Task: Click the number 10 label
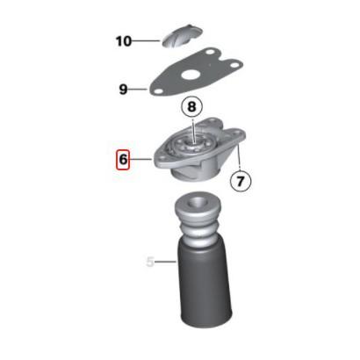pyautogui.click(x=124, y=41)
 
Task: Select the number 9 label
pyautogui.click(x=123, y=90)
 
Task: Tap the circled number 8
pyautogui.click(x=191, y=106)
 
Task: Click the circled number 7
pyautogui.click(x=241, y=181)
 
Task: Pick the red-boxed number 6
pyautogui.click(x=123, y=160)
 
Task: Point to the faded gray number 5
pyautogui.click(x=150, y=262)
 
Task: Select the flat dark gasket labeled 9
pyautogui.click(x=196, y=73)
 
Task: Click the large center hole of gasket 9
pyautogui.click(x=191, y=75)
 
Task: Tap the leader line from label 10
pyautogui.click(x=146, y=41)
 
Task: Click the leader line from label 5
pyautogui.click(x=165, y=262)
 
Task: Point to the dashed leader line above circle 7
pyautogui.click(x=239, y=157)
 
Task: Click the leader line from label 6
pyautogui.click(x=140, y=160)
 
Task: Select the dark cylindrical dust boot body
pyautogui.click(x=205, y=285)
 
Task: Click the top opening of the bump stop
pyautogui.click(x=198, y=202)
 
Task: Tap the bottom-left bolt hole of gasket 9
pyautogui.click(x=158, y=92)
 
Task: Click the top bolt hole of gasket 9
pyautogui.click(x=210, y=53)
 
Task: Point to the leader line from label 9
pyautogui.click(x=138, y=89)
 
